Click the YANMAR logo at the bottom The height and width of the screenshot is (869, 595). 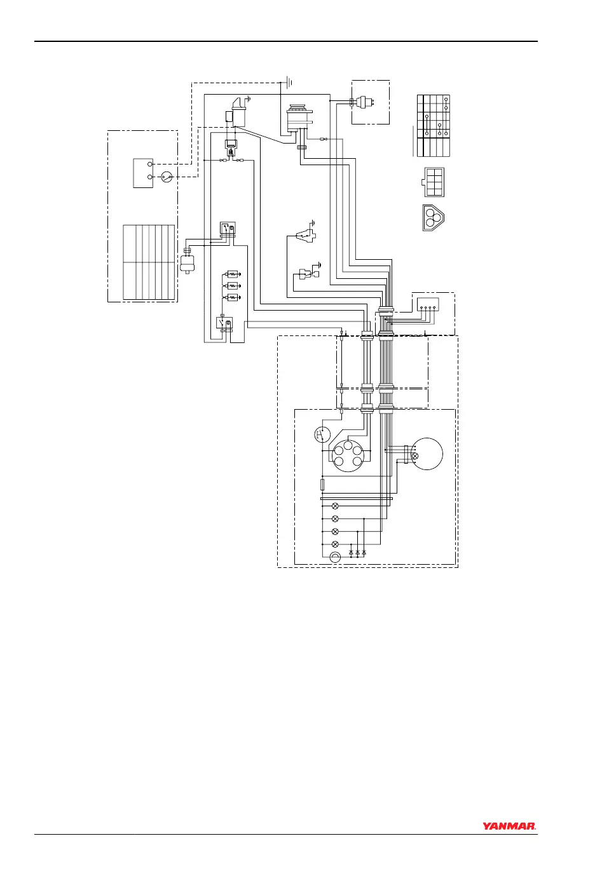click(x=509, y=826)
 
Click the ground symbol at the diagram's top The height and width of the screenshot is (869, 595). click(x=289, y=81)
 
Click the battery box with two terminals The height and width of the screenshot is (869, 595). click(x=142, y=173)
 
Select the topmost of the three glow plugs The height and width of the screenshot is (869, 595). click(x=231, y=274)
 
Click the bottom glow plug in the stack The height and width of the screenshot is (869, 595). click(x=231, y=297)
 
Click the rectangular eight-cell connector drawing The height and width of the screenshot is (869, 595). click(x=434, y=182)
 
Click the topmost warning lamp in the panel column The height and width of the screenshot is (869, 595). click(x=336, y=506)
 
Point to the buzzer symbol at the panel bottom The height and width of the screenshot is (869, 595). click(x=336, y=557)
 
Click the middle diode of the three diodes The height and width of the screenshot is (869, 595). click(x=357, y=553)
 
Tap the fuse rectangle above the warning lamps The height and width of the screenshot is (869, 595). click(x=323, y=485)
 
